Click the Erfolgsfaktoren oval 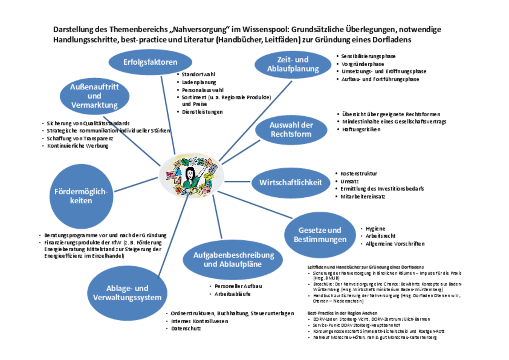coord(150,62)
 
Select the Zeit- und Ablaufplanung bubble coord(293,64)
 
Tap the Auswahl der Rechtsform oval coord(291,129)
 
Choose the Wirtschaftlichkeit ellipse coord(290,183)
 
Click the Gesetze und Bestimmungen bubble coord(320,235)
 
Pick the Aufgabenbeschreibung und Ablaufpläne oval coord(233,260)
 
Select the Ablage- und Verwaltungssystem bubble coord(127,293)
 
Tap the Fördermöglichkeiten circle coord(81,196)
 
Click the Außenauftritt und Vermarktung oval coord(94,96)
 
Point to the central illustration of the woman coord(192,176)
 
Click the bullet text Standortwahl coord(198,75)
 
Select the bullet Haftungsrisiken coord(361,129)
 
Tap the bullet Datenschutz coord(186,329)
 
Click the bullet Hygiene coord(375,229)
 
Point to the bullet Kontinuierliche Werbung coord(78,146)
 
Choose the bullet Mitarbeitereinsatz coord(362,197)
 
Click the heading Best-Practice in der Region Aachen coord(342,313)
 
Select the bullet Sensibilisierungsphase coord(368,56)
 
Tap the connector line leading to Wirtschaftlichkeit coord(238,181)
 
